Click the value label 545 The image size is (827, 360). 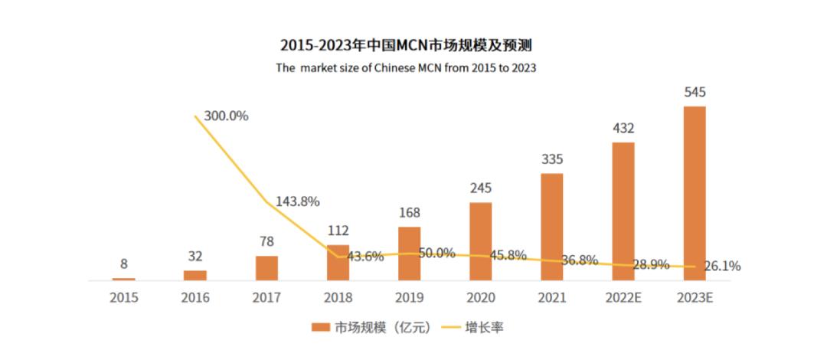click(x=695, y=93)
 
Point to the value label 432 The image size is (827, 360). click(x=623, y=128)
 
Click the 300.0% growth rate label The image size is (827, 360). click(x=226, y=116)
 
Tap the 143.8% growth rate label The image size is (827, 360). click(x=296, y=201)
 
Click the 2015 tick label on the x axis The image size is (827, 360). click(x=124, y=297)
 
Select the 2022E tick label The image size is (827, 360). click(x=623, y=297)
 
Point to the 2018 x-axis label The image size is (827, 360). click(x=338, y=297)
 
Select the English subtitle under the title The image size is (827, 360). click(x=406, y=67)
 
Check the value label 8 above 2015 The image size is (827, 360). click(x=124, y=264)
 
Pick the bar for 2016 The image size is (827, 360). click(x=195, y=275)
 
